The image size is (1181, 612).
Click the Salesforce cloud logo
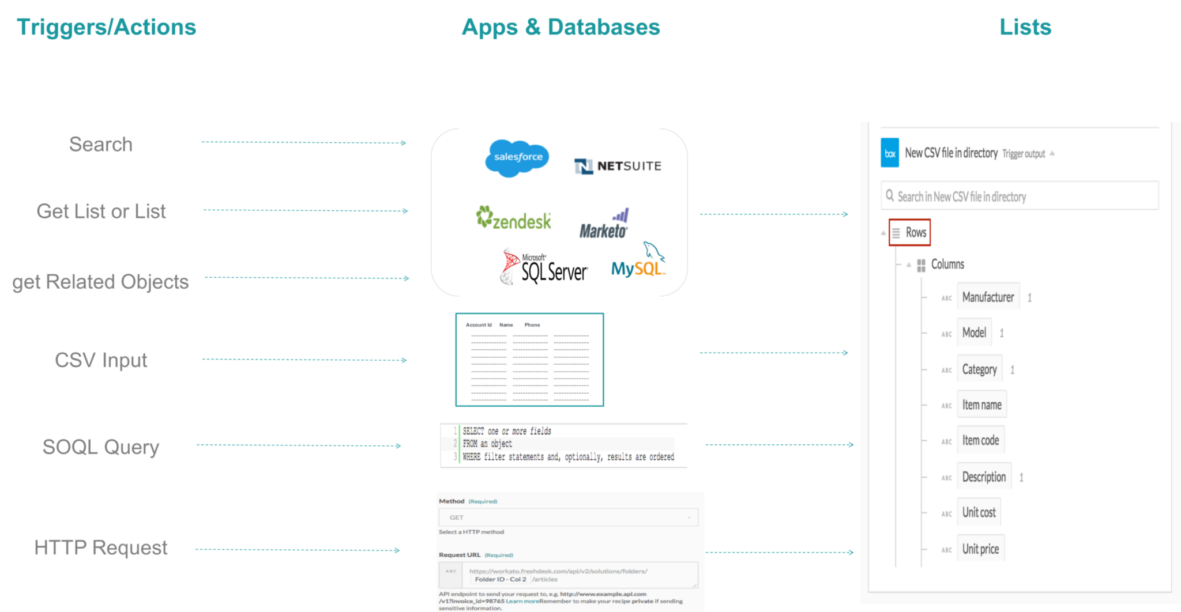pos(517,157)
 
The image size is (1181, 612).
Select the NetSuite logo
pos(618,166)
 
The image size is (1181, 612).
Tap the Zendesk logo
pos(513,219)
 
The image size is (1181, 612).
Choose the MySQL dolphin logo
pos(638,262)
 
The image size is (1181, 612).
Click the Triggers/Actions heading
pos(107,27)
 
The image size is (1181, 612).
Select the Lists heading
pos(1025,27)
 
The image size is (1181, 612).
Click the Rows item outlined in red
pos(910,232)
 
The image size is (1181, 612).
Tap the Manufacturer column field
pos(988,297)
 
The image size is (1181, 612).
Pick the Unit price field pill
pos(980,549)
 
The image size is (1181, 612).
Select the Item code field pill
pos(980,440)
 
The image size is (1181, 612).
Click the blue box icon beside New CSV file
pos(890,153)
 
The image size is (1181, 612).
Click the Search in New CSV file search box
pos(1020,197)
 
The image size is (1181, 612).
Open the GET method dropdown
pos(568,517)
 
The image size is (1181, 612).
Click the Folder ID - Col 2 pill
pos(500,580)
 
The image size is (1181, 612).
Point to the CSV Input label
pos(101,360)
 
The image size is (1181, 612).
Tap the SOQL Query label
pos(101,447)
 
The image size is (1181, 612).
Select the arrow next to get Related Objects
pos(307,278)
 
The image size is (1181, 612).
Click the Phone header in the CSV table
pos(532,325)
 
